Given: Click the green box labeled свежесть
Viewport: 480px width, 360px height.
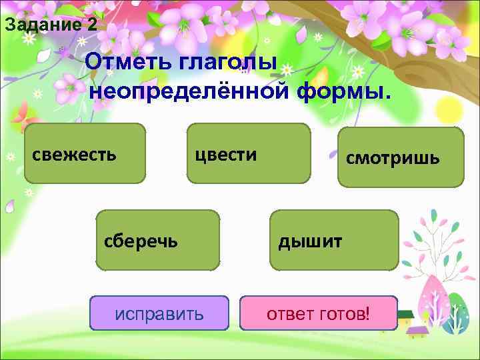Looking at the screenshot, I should (85, 153).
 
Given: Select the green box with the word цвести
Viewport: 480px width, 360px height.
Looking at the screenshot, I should (248, 153).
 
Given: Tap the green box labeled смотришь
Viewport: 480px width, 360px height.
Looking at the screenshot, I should (401, 157).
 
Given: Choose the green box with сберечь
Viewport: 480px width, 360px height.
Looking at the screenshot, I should (158, 240).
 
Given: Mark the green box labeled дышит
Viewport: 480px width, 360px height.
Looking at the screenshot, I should (333, 240).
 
